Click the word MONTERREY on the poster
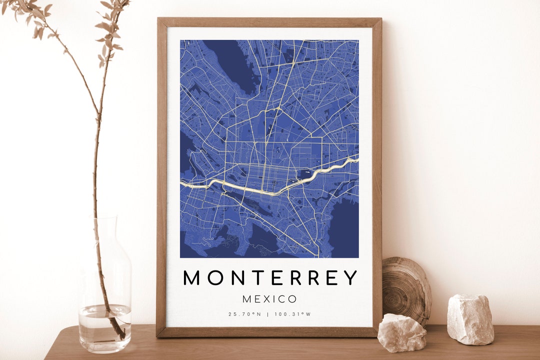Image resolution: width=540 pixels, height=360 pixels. click(x=270, y=277)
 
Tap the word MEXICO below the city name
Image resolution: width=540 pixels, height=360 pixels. click(x=270, y=299)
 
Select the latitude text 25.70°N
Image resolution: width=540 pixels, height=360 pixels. click(x=245, y=314)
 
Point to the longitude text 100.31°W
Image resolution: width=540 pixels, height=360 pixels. click(x=294, y=314)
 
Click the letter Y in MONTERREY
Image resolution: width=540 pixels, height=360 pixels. click(x=350, y=277)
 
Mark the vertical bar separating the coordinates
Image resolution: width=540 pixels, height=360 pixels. click(x=270, y=314)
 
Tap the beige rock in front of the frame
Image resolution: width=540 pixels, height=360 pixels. click(x=402, y=332)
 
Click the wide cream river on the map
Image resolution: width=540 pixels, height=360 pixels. click(x=250, y=188)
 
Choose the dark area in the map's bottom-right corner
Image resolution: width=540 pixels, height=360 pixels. click(x=345, y=230)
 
